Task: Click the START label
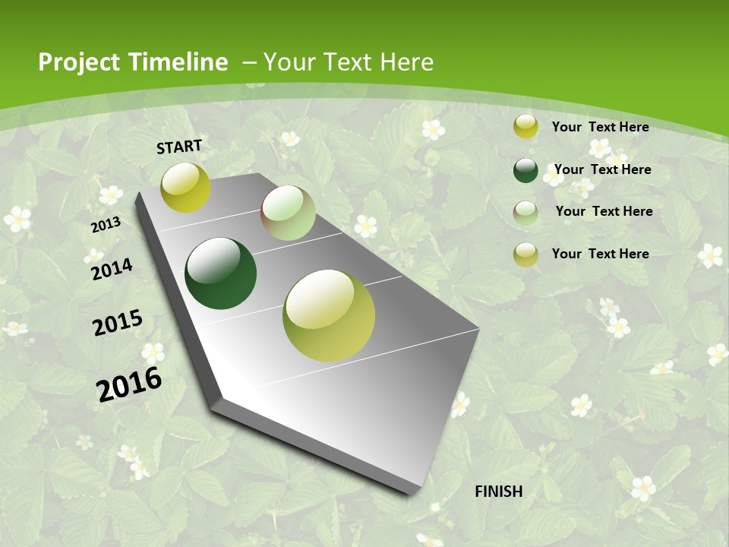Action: (179, 146)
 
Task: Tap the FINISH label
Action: (498, 492)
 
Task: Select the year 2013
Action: (106, 225)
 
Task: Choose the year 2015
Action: (118, 322)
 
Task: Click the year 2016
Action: (129, 384)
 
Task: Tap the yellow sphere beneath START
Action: (185, 187)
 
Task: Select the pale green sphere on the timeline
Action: (288, 213)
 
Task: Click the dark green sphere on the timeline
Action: (221, 273)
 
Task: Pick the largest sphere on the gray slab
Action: (329, 315)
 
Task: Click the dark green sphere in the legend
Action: (525, 170)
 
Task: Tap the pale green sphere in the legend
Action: (525, 212)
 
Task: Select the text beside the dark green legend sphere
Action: (602, 169)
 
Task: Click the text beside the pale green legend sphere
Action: (604, 211)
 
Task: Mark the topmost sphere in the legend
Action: (525, 127)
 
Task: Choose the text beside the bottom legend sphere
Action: (600, 254)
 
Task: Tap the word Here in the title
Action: (408, 62)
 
